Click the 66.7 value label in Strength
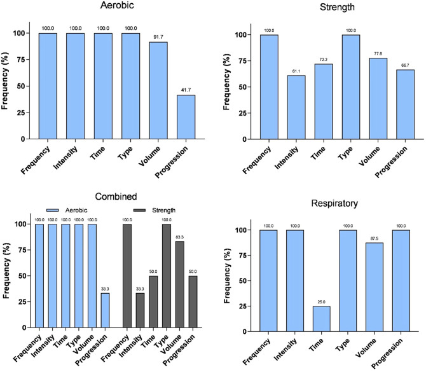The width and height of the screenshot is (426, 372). point(404,65)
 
